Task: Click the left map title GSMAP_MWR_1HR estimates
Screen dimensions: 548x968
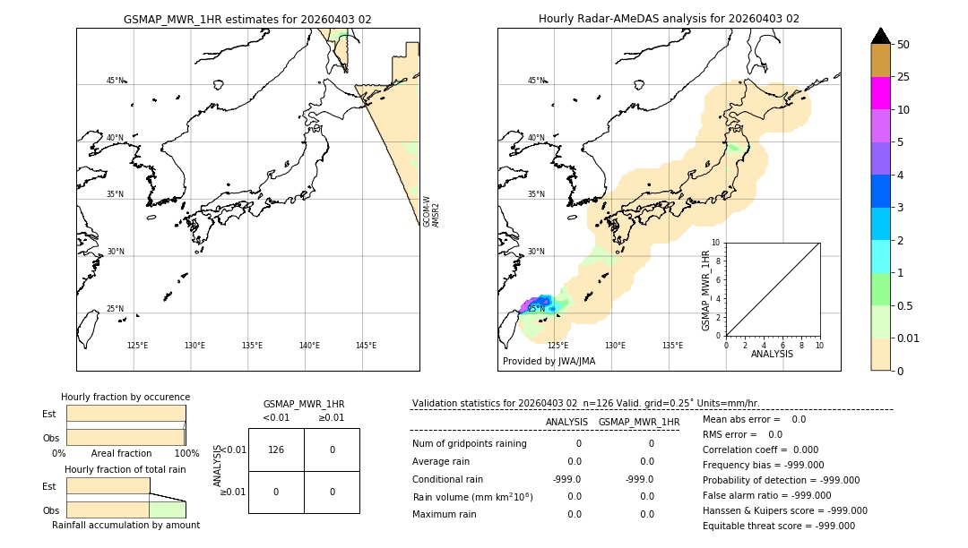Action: coord(247,19)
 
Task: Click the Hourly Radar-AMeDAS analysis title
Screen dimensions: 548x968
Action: coord(669,19)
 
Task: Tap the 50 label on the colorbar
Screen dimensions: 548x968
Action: coord(903,45)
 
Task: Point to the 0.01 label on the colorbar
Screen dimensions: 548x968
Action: coord(909,338)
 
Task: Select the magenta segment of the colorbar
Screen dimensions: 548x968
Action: coord(880,93)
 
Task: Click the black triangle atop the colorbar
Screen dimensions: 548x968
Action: coord(880,36)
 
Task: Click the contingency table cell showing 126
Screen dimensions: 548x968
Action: coord(276,450)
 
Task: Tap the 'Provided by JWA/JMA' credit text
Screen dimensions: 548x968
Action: coord(549,362)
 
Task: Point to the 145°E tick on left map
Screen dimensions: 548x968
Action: coord(366,346)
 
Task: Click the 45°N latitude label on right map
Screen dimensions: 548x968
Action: coord(536,81)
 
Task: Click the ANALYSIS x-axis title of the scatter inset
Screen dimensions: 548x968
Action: coord(773,354)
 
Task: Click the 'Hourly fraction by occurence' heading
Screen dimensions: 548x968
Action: coord(125,397)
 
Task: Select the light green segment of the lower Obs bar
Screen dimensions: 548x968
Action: coord(167,509)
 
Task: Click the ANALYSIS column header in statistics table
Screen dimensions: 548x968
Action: coord(566,422)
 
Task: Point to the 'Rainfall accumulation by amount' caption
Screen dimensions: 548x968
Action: coord(125,525)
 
